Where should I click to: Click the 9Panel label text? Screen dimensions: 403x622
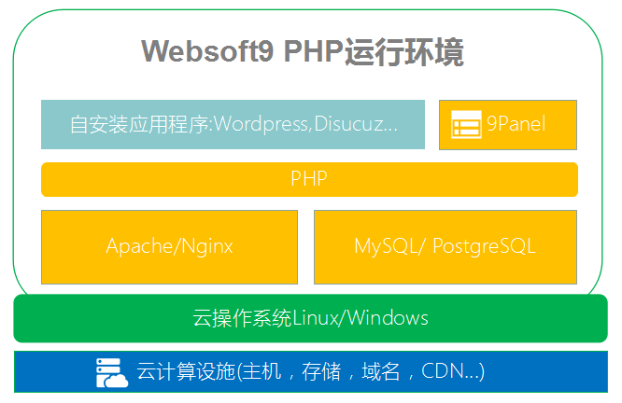pos(516,123)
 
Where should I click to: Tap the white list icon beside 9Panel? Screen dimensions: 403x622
pos(465,124)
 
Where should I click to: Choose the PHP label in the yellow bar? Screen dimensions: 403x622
pos(309,179)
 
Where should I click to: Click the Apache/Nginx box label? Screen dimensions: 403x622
pos(169,246)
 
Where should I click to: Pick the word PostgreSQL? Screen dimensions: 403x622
pos(485,246)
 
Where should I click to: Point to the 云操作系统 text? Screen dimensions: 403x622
pos(242,318)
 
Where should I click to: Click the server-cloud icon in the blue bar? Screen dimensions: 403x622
pos(112,372)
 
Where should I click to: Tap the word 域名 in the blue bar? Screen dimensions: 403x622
pos(382,371)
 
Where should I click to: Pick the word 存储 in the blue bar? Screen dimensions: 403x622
pos(320,371)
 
